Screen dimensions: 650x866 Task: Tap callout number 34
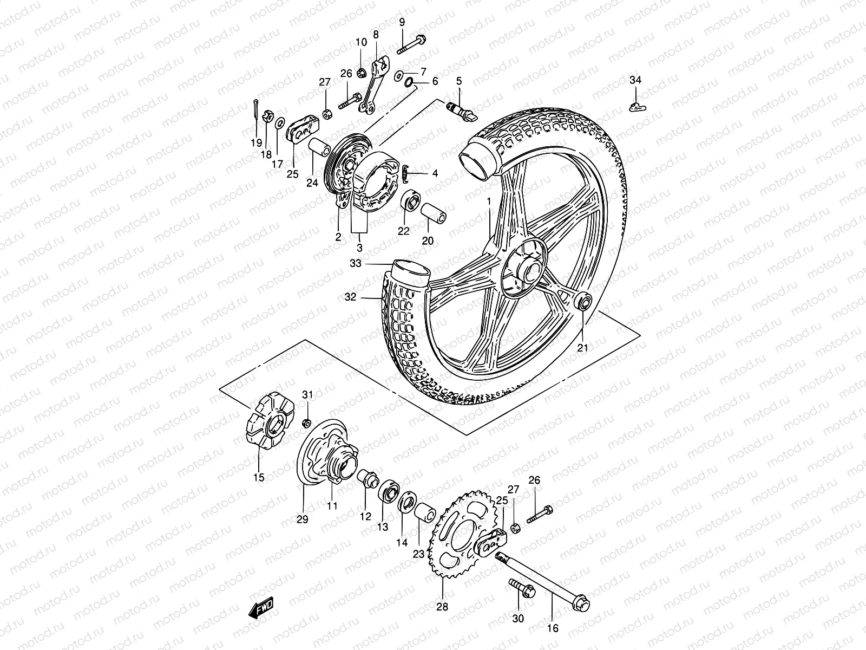[x=635, y=81]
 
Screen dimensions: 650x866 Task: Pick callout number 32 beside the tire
[x=351, y=297]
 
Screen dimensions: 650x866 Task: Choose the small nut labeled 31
[x=306, y=422]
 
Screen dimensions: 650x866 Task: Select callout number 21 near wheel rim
[x=582, y=348]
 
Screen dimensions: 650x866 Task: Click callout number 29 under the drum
[x=302, y=519]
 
